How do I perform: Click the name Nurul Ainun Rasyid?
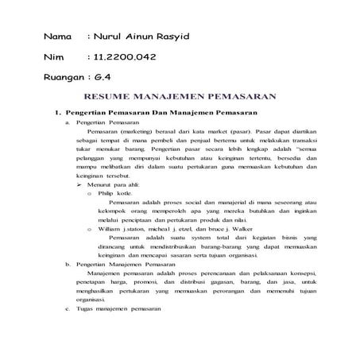tap(145, 37)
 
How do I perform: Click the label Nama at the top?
tap(57, 37)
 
